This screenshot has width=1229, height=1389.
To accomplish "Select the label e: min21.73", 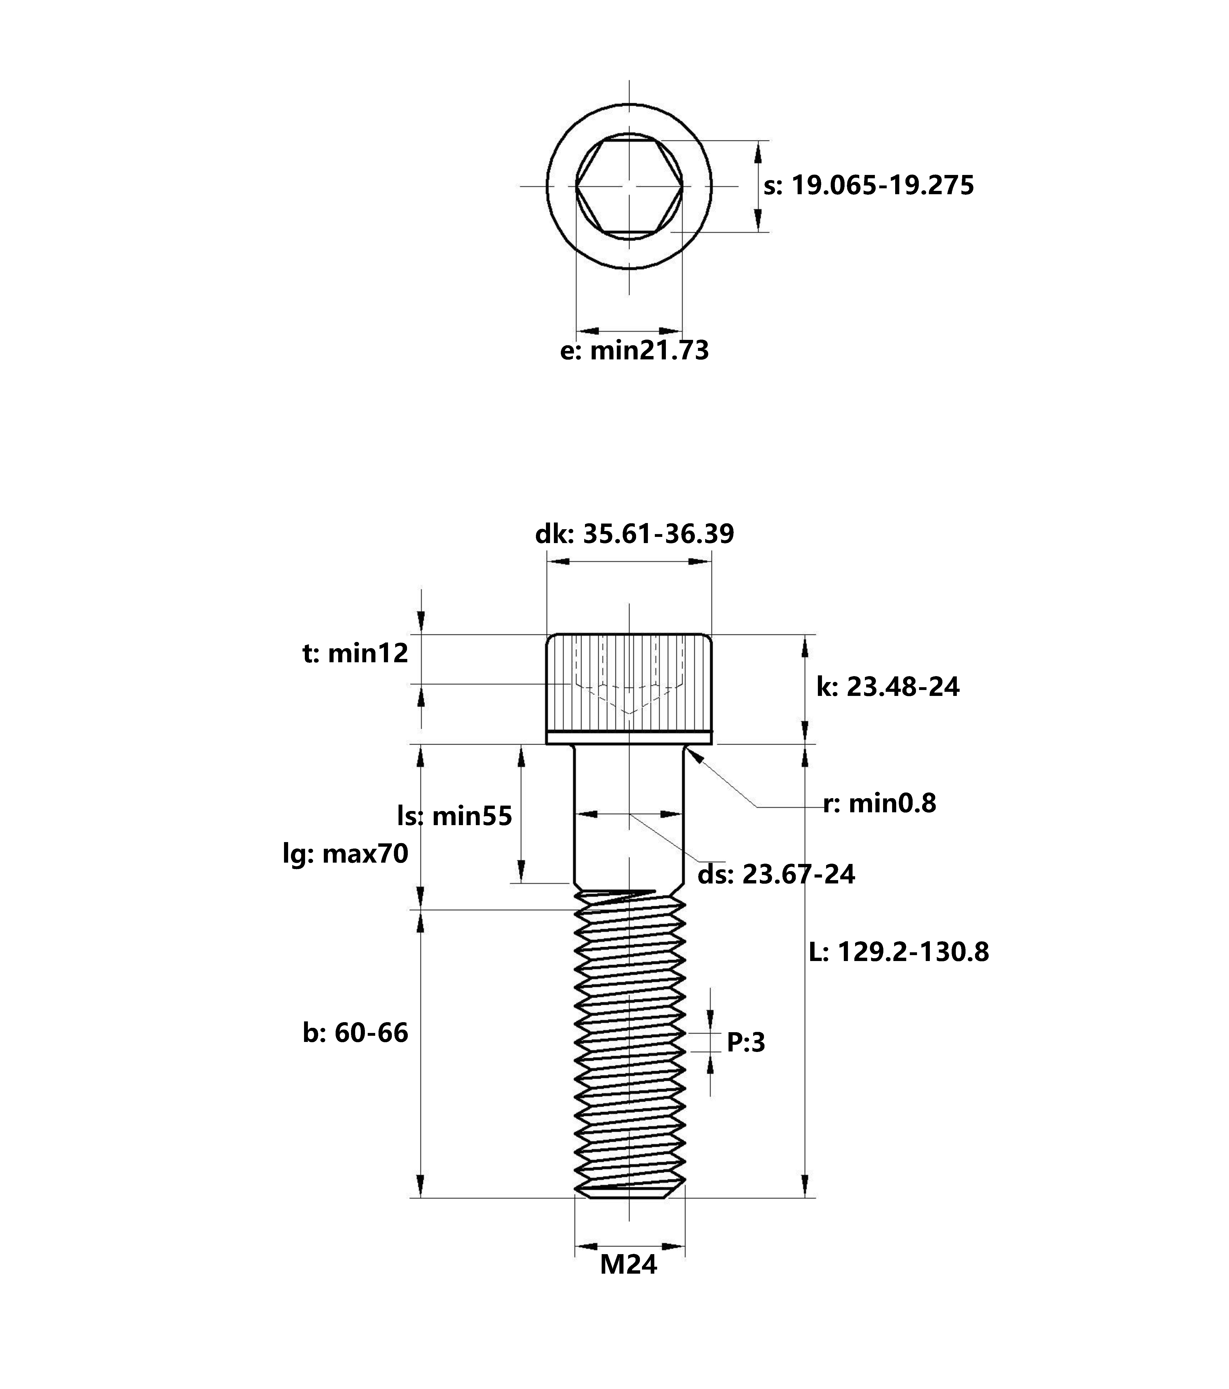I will (x=634, y=351).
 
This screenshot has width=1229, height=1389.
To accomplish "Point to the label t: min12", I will (x=355, y=654).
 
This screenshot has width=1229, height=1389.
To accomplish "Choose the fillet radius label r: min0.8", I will (x=879, y=804).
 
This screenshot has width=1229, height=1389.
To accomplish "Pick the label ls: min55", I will (x=454, y=815).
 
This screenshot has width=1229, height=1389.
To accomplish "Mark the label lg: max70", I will (x=345, y=854).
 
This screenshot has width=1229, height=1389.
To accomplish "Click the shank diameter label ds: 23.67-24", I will (x=776, y=875).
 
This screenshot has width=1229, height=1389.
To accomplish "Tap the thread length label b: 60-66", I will (x=355, y=1033).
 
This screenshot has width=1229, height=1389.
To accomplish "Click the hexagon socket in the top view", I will (x=629, y=185).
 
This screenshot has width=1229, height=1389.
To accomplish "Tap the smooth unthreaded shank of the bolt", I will (x=629, y=850).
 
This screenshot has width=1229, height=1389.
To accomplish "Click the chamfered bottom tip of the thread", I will (x=629, y=1192).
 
